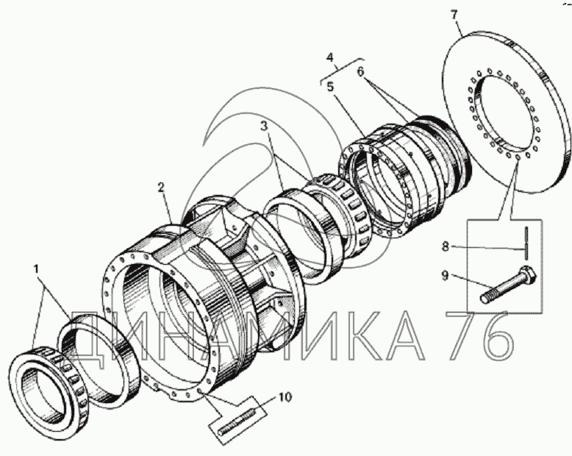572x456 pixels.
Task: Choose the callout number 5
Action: [x=332, y=85]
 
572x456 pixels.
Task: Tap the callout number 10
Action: [x=285, y=397]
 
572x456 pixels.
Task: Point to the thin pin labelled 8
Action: [x=527, y=241]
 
